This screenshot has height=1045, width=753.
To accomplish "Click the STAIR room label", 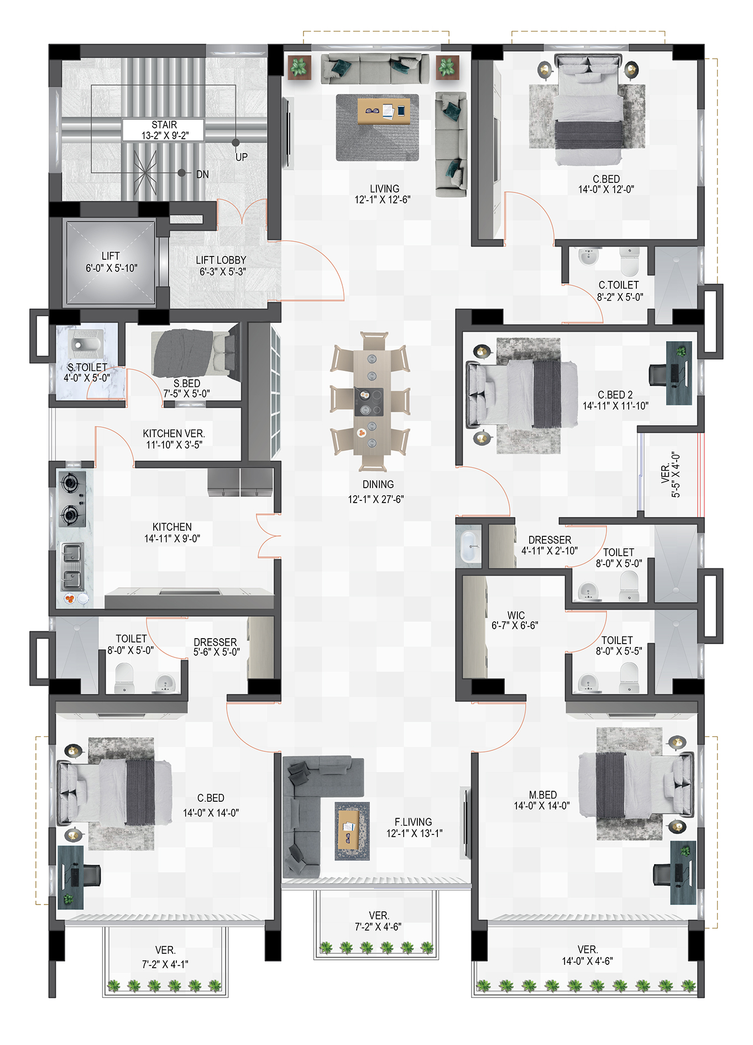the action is (164, 125).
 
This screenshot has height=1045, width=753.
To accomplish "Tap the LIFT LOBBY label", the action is (221, 260).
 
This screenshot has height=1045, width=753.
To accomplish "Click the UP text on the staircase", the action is (242, 157).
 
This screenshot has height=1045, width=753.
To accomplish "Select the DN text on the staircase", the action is (202, 174).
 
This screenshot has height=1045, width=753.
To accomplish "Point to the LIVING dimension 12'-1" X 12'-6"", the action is (383, 200).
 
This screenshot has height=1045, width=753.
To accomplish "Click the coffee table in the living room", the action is (384, 111).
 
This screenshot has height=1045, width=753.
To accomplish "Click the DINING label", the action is (378, 484).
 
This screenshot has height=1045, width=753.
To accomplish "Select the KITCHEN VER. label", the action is (174, 433).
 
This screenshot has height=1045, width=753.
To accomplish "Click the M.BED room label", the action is (542, 795).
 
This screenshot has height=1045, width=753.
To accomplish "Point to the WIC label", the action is (516, 615).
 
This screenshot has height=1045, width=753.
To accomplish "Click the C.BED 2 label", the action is (615, 395).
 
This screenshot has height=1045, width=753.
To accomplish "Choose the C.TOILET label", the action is (619, 285).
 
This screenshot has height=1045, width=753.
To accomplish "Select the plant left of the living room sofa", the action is (299, 67).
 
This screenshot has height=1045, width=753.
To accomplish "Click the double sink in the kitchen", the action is (72, 567).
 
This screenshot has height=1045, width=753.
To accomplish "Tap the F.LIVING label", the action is (413, 822).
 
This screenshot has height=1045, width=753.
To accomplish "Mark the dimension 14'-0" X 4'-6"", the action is (587, 961).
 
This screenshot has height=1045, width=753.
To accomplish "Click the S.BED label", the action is (187, 383).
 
